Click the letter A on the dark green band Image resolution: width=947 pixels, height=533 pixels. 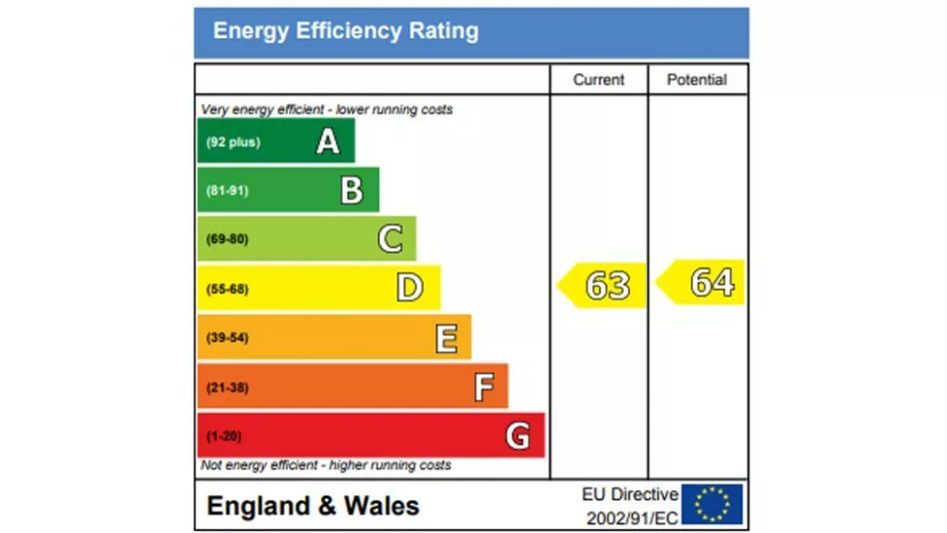[328, 143]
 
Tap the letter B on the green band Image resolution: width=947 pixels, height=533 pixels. [351, 190]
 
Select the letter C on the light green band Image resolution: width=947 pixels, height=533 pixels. [390, 239]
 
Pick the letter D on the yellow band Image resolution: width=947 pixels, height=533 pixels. [410, 288]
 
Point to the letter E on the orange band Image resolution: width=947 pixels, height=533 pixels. [446, 338]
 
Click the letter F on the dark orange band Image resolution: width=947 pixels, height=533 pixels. [484, 388]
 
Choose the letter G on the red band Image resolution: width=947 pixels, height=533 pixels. [518, 436]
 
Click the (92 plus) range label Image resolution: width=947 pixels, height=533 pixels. [232, 143]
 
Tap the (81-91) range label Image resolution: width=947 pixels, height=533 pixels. [226, 190]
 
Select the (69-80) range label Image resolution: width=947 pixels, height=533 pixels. [226, 239]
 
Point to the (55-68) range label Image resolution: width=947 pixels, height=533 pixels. [226, 289]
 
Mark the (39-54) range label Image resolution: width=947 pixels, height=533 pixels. [226, 338]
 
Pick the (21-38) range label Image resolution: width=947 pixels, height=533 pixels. [226, 388]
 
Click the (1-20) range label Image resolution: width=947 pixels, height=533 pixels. [224, 436]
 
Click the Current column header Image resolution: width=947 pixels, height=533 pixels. [598, 80]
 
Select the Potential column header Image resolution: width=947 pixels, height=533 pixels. [697, 80]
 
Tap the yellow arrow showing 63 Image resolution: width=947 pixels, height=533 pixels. [603, 285]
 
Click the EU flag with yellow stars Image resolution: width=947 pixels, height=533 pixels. [712, 505]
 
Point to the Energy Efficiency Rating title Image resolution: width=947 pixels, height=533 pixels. [346, 31]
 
